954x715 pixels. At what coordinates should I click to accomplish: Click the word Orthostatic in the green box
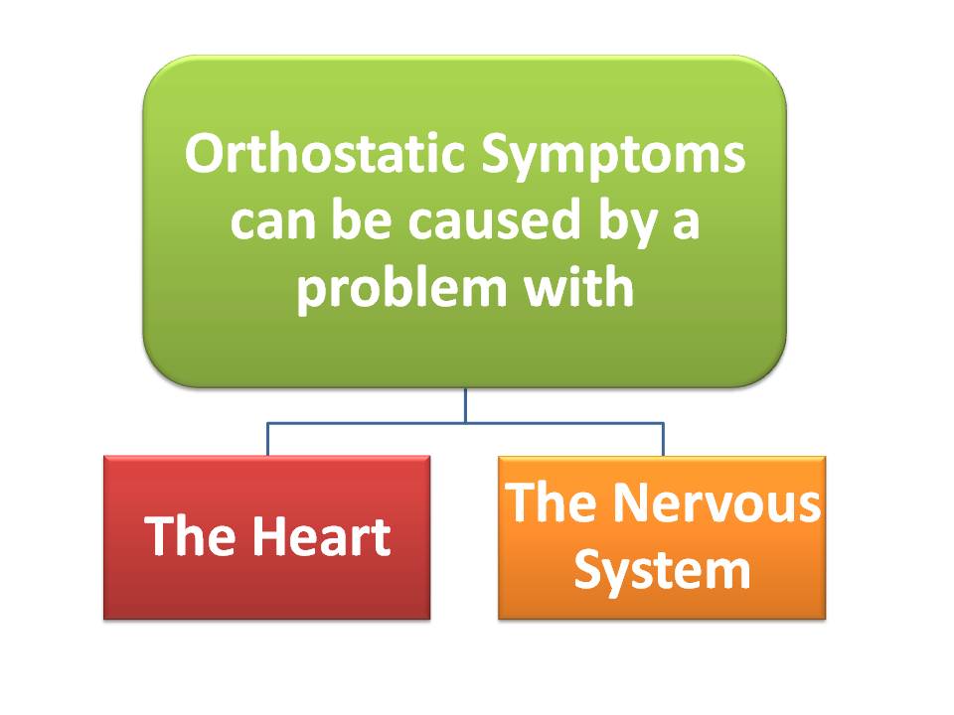pos(325,153)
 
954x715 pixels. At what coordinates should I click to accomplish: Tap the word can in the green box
pos(273,222)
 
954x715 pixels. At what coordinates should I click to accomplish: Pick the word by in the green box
pos(628,223)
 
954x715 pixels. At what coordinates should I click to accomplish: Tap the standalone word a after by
pos(686,222)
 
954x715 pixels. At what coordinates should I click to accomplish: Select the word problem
pos(401,289)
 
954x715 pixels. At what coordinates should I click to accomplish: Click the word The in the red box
pos(190,535)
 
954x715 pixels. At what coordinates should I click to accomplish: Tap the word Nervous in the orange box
pos(716,502)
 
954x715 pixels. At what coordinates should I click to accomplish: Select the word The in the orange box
pos(551,501)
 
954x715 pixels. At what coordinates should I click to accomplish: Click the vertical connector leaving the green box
pos(465,405)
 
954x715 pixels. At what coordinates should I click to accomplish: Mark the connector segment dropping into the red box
pos(267,439)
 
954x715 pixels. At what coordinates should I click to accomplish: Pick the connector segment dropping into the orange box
pos(663,439)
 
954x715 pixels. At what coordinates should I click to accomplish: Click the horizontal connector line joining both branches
pos(465,423)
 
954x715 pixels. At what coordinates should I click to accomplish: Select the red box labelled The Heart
pos(267,537)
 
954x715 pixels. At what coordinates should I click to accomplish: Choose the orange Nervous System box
pos(662,537)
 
